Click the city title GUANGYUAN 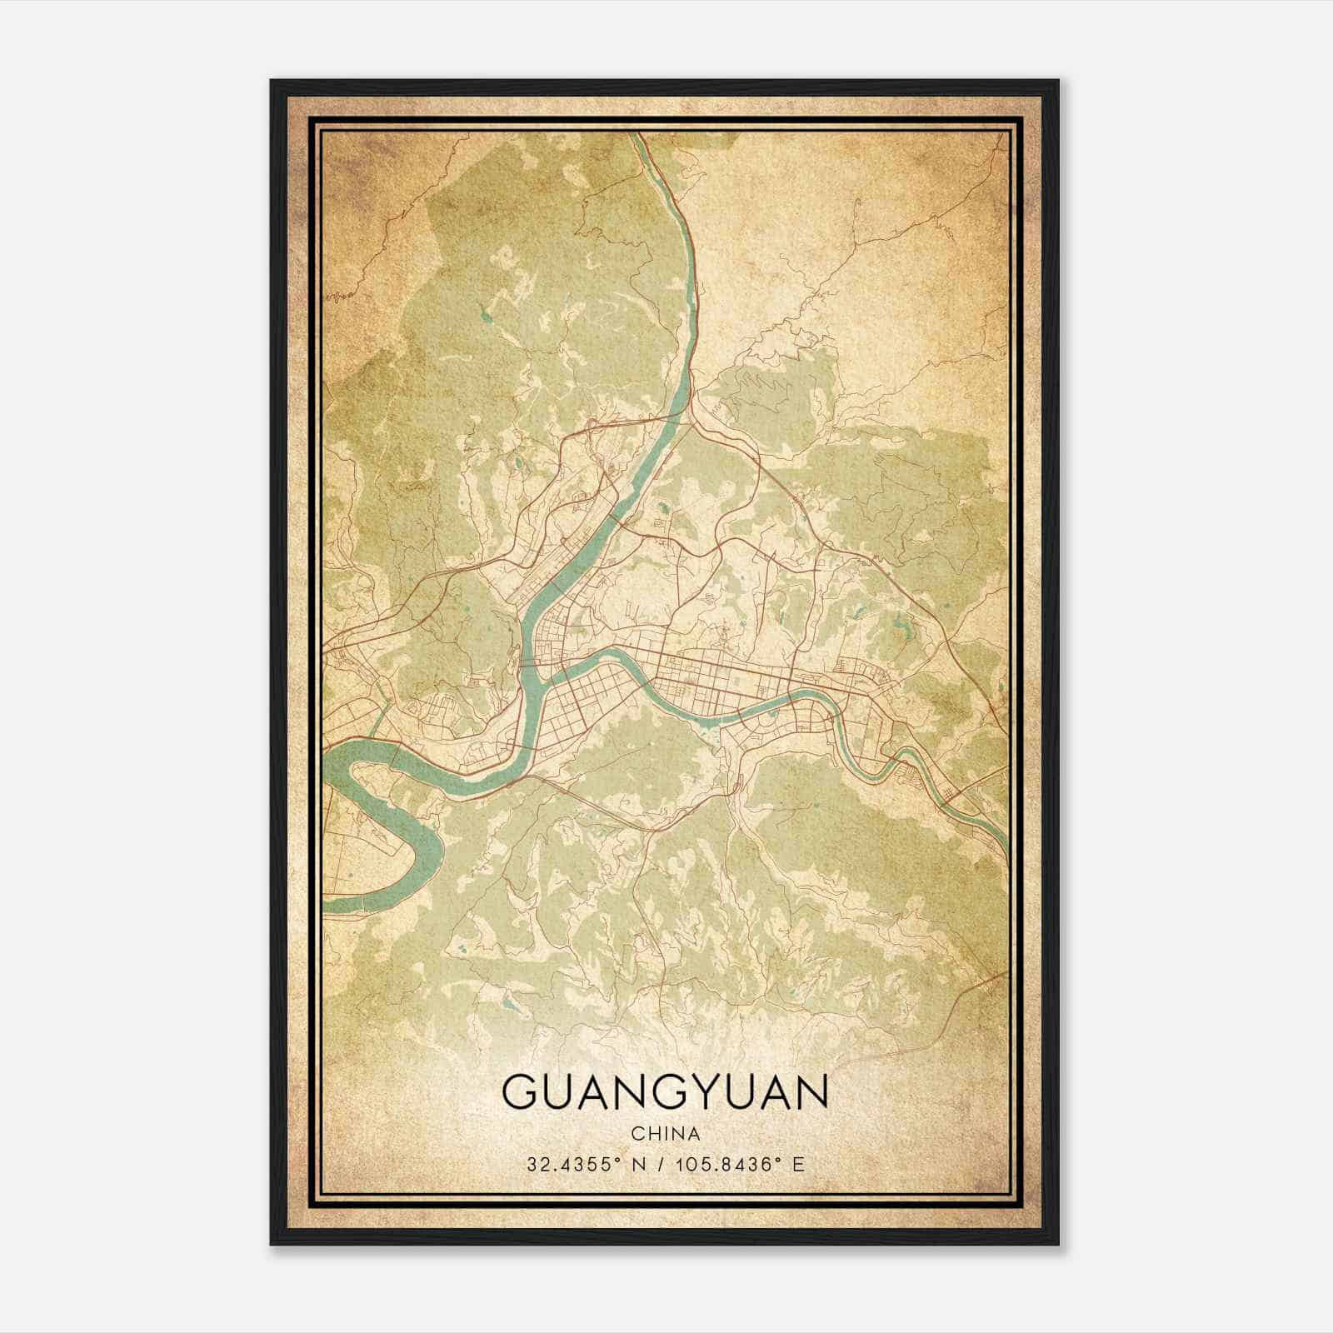click(666, 1092)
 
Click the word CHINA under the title click(665, 1134)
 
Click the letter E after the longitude click(798, 1164)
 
